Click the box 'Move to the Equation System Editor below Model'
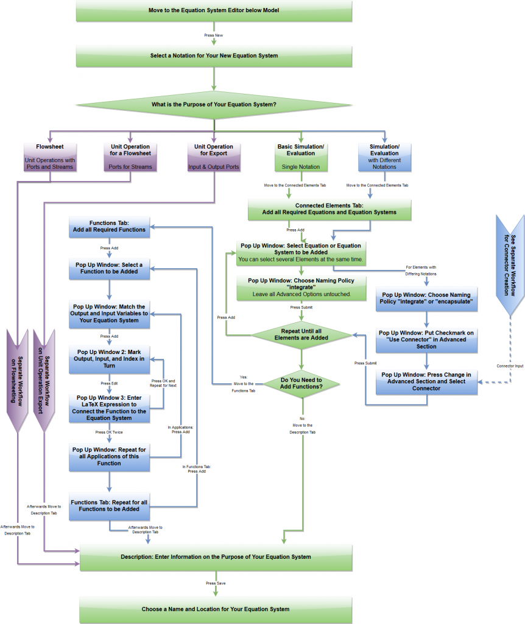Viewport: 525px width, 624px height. pyautogui.click(x=214, y=11)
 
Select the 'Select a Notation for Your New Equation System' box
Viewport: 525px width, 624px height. pyautogui.click(x=214, y=55)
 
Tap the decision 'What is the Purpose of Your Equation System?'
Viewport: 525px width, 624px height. pyautogui.click(x=214, y=104)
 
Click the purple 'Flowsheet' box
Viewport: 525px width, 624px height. pyautogui.click(x=50, y=157)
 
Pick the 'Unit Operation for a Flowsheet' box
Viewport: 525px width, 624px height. pyautogui.click(x=129, y=157)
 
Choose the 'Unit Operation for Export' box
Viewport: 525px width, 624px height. pyautogui.click(x=213, y=157)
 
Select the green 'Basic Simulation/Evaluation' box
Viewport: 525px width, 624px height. pyautogui.click(x=300, y=157)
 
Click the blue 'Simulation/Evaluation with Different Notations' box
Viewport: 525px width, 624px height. pyautogui.click(x=385, y=157)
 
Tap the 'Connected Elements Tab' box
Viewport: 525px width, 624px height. pyautogui.click(x=329, y=209)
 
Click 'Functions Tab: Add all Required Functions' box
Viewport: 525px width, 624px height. pyautogui.click(x=109, y=227)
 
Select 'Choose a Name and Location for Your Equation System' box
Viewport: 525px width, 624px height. pyautogui.click(x=215, y=609)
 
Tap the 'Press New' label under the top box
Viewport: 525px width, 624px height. pyautogui.click(x=213, y=35)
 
